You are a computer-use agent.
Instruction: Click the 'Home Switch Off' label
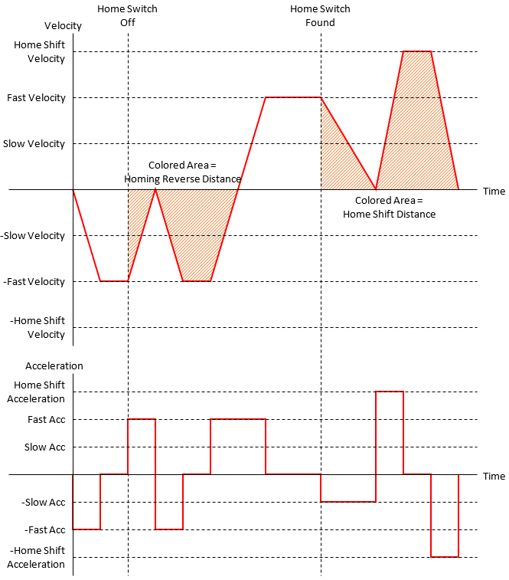(x=127, y=15)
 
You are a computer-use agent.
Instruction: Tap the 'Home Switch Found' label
(x=320, y=15)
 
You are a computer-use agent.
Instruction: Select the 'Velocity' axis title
(x=63, y=26)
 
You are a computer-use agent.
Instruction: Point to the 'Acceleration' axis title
(x=54, y=365)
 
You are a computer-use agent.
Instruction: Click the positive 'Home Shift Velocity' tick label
(x=39, y=52)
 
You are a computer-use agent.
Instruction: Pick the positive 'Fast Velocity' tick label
(x=36, y=98)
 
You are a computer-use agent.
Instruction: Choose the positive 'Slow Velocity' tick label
(x=34, y=144)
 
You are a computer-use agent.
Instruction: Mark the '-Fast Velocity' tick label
(x=34, y=282)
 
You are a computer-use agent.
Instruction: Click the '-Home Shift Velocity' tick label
(x=38, y=327)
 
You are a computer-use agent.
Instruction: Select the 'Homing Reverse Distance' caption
(x=182, y=172)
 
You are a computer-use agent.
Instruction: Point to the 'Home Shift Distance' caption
(x=389, y=208)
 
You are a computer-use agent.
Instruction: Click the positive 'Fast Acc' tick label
(x=45, y=420)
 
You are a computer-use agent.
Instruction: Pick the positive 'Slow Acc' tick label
(x=45, y=447)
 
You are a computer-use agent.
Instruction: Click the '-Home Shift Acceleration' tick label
(x=36, y=558)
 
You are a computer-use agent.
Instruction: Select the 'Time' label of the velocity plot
(x=494, y=191)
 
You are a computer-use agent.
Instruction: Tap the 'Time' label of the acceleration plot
(x=494, y=476)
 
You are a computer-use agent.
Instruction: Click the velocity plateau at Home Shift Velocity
(x=417, y=51)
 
